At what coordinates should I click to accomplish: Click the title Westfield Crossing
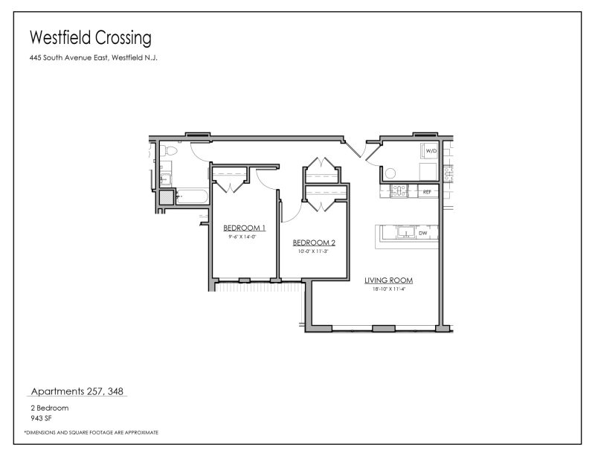click(91, 37)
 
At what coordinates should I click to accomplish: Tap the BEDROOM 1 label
click(244, 228)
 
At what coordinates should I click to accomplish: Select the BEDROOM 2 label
click(314, 243)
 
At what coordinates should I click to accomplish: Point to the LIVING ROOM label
click(388, 280)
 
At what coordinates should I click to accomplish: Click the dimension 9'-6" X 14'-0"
click(242, 237)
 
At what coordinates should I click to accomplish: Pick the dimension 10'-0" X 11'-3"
click(313, 251)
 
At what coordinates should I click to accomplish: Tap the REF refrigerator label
click(427, 192)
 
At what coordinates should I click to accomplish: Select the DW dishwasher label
click(422, 233)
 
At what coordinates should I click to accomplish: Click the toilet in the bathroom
click(169, 152)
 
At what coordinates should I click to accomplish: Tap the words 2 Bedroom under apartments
click(45, 408)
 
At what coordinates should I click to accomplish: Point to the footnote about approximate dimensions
click(91, 432)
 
